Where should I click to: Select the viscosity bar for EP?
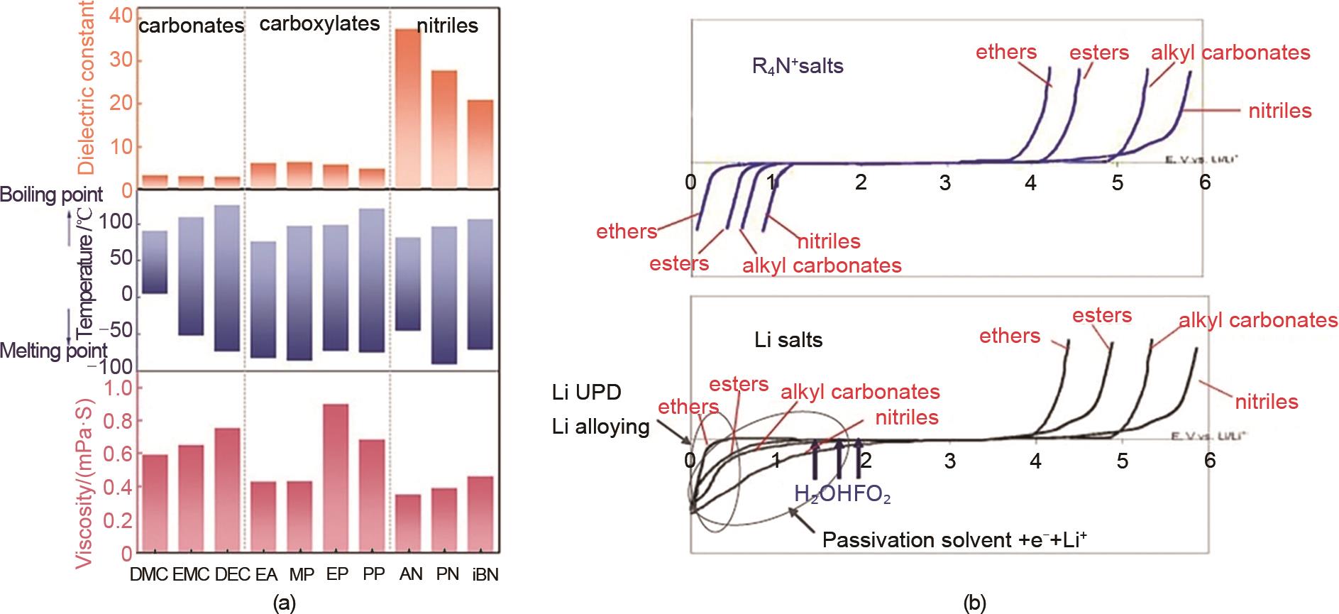pos(338,478)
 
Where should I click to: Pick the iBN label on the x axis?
pos(485,575)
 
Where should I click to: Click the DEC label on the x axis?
pos(228,575)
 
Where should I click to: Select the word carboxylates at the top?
pos(319,23)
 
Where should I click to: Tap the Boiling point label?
pos(51,194)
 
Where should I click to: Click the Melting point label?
pos(54,350)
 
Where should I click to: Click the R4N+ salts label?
pos(798,68)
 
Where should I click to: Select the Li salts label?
pos(788,340)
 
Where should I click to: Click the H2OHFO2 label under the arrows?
pos(842,494)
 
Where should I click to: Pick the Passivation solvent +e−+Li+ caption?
pos(955,540)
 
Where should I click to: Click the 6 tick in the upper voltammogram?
pos(1203,183)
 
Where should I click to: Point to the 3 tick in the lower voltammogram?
pos(949,461)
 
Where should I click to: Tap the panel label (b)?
pos(976,603)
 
